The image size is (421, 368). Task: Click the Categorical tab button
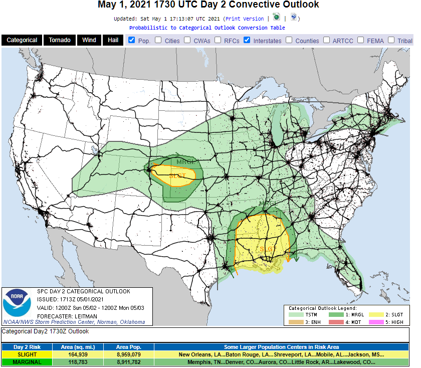22,40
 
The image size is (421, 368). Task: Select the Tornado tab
59,40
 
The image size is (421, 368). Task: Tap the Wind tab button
89,40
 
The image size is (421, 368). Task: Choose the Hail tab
113,40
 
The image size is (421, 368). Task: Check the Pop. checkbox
131,40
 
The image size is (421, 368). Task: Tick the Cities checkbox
158,40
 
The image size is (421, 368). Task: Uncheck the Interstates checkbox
247,40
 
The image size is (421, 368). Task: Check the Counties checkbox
289,40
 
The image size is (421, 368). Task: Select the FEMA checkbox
360,40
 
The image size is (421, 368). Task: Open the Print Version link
244,19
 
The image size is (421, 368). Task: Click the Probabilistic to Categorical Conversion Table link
207,28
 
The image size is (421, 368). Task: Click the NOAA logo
17,304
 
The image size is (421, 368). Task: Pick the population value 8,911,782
128,362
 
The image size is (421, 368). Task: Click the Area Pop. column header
128,347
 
